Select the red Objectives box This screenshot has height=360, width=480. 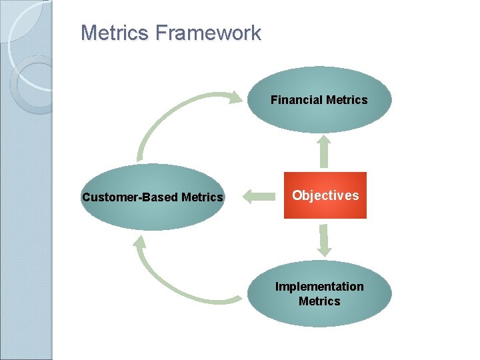pos(325,195)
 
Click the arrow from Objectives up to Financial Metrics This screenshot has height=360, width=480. pos(324,152)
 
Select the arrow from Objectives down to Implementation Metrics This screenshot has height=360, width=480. pos(324,240)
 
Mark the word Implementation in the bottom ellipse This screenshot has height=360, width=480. pos(319,287)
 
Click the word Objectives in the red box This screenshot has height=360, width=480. pos(325,195)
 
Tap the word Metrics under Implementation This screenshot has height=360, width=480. pos(319,301)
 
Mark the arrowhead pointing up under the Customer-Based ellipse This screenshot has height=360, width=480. pos(140,241)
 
